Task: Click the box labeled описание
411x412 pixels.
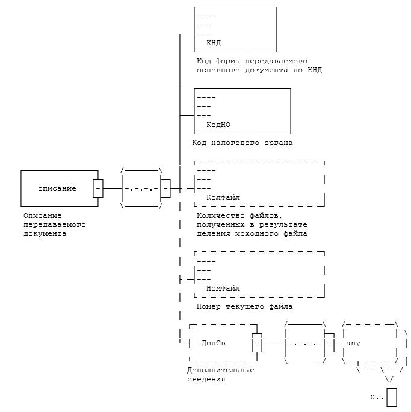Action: tap(60, 188)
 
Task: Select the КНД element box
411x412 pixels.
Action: tap(235, 29)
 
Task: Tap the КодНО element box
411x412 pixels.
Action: tap(243, 111)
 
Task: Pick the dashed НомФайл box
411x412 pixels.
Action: tap(259, 274)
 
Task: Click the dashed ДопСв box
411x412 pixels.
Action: tap(222, 343)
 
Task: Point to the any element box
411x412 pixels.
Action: tap(369, 343)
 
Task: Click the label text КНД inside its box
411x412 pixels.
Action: tap(214, 43)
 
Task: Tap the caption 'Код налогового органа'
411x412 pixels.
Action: tap(242, 143)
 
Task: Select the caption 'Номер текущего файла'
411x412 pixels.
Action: tap(244, 306)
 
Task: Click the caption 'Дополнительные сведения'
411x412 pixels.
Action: tap(220, 375)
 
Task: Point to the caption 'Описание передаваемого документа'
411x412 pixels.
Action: tap(54, 224)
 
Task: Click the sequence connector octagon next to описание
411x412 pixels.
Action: tap(141, 189)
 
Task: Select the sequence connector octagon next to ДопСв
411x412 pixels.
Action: tap(305, 343)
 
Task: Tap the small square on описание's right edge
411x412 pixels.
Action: tap(98, 188)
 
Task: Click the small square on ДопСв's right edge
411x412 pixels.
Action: tap(256, 343)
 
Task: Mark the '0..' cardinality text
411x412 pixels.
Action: tap(377, 398)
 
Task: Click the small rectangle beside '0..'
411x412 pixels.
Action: tap(392, 398)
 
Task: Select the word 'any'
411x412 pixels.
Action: tap(353, 343)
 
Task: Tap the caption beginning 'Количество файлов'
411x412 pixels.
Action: tap(252, 224)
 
